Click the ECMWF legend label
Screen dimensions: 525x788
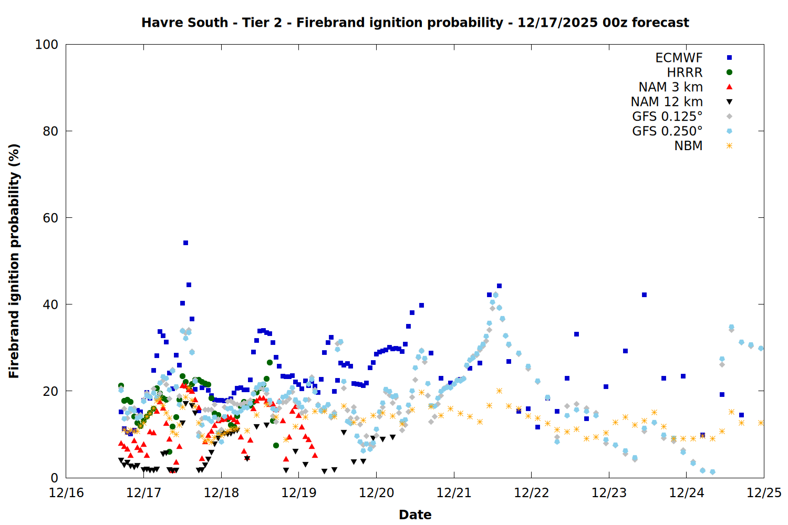pyautogui.click(x=679, y=58)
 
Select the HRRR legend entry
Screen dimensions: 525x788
pyautogui.click(x=685, y=72)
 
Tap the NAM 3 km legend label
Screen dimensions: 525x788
pyautogui.click(x=670, y=87)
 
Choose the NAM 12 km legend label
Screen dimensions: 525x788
pyautogui.click(x=667, y=102)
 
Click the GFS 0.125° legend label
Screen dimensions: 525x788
pyautogui.click(x=667, y=117)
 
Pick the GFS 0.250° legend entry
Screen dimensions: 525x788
pyautogui.click(x=667, y=131)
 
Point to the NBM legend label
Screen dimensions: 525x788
pyautogui.click(x=688, y=146)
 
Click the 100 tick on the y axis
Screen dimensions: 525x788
pyautogui.click(x=47, y=45)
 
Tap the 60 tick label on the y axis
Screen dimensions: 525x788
pyautogui.click(x=50, y=218)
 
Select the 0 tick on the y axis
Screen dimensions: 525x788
pyautogui.click(x=54, y=478)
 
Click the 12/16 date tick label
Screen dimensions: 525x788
pyautogui.click(x=66, y=493)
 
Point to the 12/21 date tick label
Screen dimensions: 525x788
pyautogui.click(x=454, y=493)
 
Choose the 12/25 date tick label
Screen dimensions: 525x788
pyautogui.click(x=764, y=493)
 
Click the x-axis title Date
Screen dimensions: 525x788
pyautogui.click(x=415, y=514)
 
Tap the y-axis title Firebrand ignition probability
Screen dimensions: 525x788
pyautogui.click(x=14, y=261)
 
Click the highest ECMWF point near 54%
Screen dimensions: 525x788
pyautogui.click(x=185, y=243)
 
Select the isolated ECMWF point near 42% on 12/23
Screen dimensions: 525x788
pyautogui.click(x=644, y=295)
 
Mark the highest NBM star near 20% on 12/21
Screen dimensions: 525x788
pyautogui.click(x=499, y=391)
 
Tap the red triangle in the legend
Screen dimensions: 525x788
pyautogui.click(x=729, y=87)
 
